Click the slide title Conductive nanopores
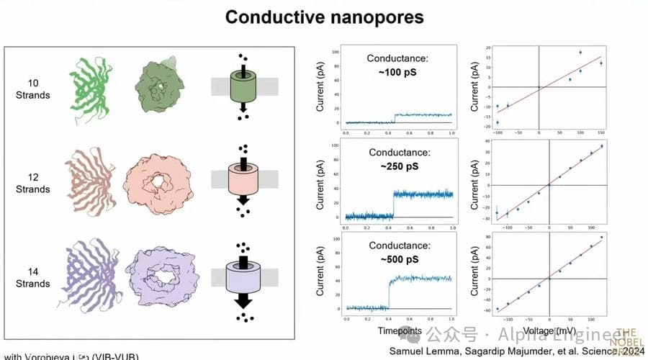click(x=324, y=17)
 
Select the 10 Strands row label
click(x=35, y=89)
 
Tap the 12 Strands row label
click(x=35, y=184)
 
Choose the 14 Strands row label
click(x=35, y=278)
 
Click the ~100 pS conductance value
click(x=400, y=72)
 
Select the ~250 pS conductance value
click(x=400, y=166)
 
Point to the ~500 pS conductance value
click(x=400, y=259)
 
